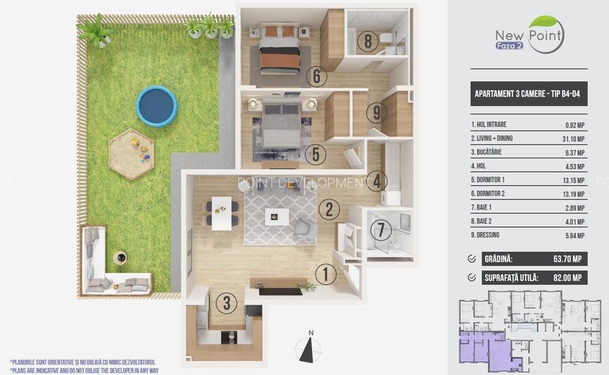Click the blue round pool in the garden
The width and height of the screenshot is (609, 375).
[156, 106]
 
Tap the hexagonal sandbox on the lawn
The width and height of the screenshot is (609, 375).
[131, 154]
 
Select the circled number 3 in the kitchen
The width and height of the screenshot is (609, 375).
[226, 303]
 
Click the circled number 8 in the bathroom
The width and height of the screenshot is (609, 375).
[367, 41]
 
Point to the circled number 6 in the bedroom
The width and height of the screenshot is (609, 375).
[316, 76]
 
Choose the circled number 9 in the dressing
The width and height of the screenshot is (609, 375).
[376, 112]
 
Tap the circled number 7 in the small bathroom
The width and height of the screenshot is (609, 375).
[380, 229]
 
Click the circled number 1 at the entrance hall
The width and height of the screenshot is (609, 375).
[325, 274]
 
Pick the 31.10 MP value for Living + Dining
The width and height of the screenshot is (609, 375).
[573, 139]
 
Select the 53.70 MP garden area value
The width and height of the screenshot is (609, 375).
[568, 259]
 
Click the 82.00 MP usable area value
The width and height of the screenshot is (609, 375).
[568, 278]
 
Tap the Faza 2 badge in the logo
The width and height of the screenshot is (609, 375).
[509, 45]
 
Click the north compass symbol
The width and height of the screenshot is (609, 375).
[309, 347]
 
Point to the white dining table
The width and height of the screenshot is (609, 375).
[221, 213]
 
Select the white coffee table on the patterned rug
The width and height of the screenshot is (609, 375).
[277, 217]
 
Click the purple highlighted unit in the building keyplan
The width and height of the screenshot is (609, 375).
[486, 350]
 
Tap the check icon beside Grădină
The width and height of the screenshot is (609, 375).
[472, 259]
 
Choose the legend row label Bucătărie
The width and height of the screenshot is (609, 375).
[486, 152]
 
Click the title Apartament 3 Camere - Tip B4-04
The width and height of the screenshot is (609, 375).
[527, 93]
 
